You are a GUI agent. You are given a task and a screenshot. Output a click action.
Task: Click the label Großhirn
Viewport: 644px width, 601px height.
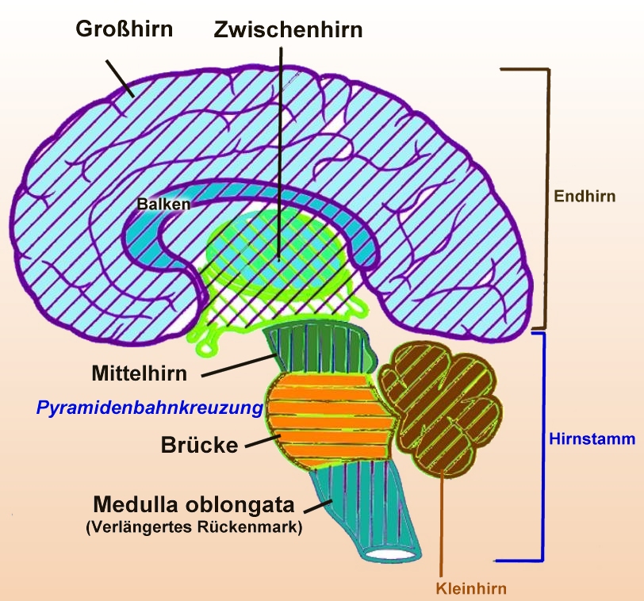pos(125,29)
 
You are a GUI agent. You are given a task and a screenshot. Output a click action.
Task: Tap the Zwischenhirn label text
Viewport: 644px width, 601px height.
pos(288,30)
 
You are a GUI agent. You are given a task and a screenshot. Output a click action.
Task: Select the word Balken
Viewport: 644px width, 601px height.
pos(163,204)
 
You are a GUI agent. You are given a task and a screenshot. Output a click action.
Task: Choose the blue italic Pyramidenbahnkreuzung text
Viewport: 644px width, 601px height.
pos(149,409)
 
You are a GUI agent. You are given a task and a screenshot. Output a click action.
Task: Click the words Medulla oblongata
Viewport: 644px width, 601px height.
pos(194,504)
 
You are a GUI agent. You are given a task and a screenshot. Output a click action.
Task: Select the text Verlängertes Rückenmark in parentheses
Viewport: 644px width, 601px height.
pos(194,527)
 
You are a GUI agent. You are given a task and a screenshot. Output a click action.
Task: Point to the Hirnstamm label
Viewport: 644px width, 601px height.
pos(592,438)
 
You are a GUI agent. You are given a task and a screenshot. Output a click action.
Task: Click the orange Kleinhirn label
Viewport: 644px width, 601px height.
pos(470,588)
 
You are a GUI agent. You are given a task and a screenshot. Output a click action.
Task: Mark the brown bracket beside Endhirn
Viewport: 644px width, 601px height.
pos(546,198)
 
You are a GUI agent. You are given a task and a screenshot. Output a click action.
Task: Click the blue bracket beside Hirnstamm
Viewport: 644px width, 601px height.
pos(542,444)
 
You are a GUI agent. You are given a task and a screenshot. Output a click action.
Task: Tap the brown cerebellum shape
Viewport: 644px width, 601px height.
pos(440,404)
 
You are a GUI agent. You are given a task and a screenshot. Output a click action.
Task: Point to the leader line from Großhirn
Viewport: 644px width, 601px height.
pos(121,77)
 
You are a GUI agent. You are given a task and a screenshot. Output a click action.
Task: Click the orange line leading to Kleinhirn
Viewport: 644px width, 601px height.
pos(441,523)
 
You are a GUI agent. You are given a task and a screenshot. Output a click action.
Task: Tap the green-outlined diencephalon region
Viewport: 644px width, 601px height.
pos(278,262)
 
